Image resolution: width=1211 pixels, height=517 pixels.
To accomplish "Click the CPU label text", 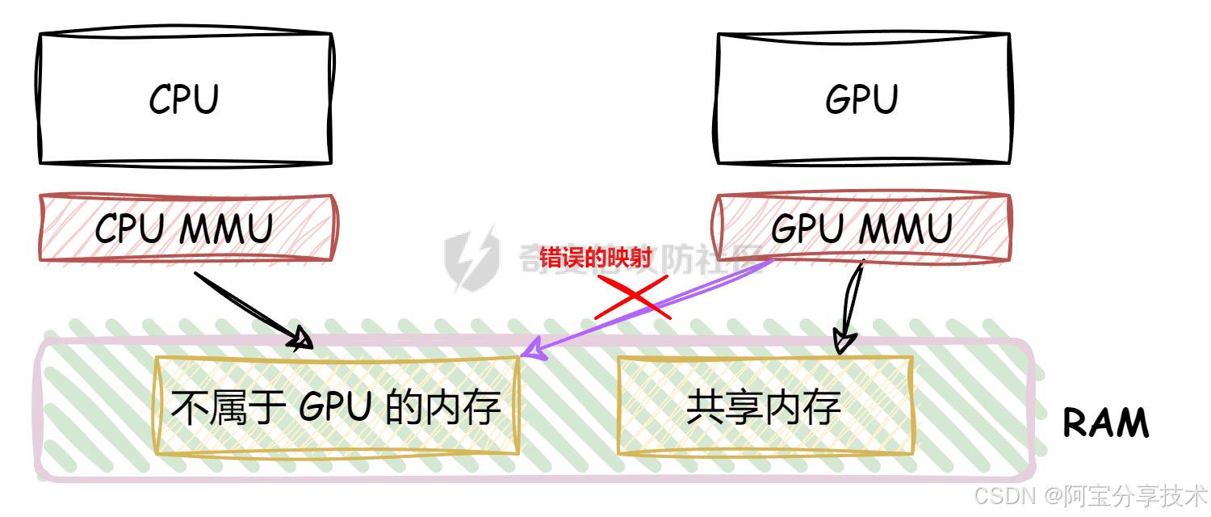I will click(184, 100).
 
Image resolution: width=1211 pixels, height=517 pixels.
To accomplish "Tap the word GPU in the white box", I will click(861, 100).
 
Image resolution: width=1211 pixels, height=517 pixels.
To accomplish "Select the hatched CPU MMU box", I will click(188, 229).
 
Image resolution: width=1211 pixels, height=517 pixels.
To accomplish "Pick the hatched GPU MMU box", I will click(862, 229).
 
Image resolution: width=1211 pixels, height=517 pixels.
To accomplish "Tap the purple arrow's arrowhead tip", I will click(523, 355).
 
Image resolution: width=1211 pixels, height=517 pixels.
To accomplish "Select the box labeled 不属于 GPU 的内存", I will click(336, 406).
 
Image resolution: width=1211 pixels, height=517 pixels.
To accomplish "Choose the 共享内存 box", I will click(765, 406).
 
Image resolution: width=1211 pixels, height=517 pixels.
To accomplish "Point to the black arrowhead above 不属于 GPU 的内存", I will click(301, 339).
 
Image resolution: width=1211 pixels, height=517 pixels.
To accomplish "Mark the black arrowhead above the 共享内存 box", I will click(844, 338).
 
